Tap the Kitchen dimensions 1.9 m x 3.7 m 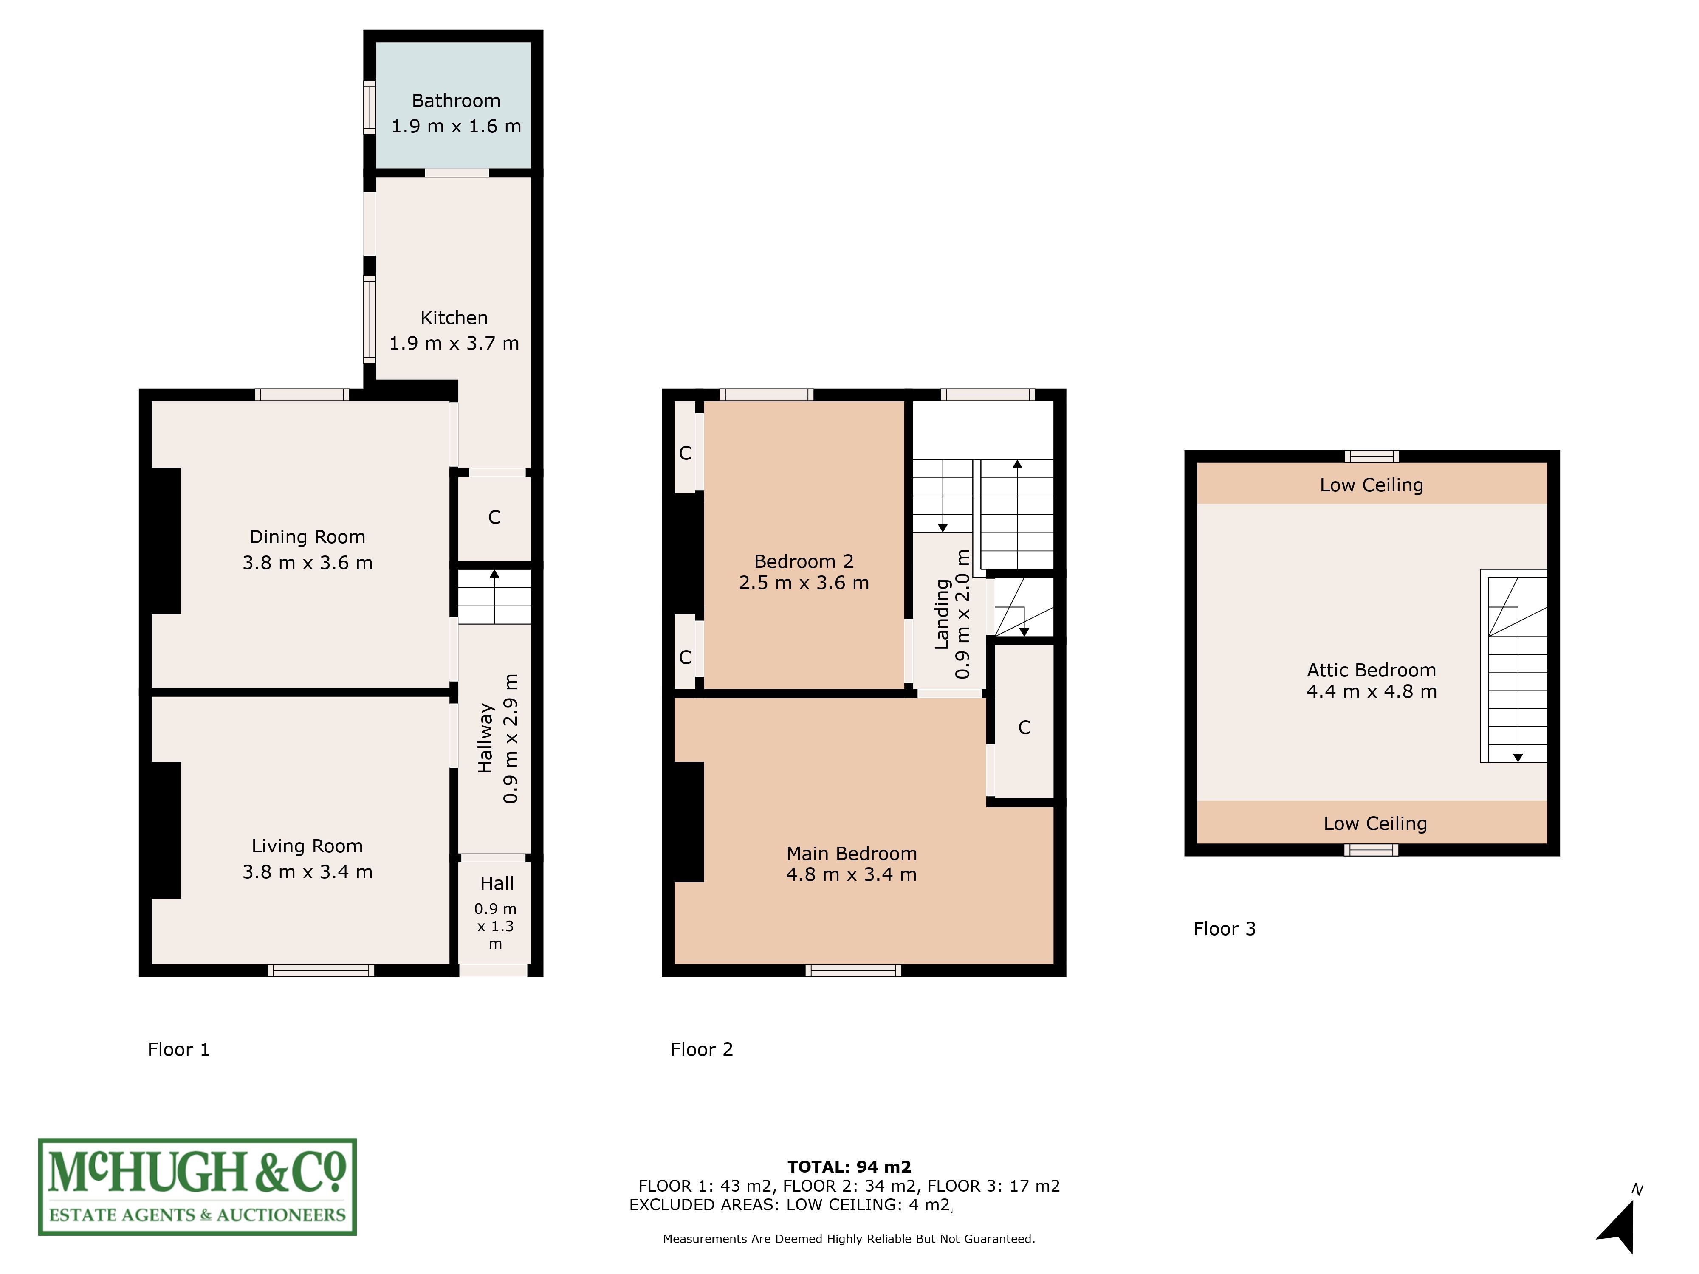pos(454,343)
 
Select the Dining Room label pos(307,537)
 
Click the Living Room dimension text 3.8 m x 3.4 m pos(307,871)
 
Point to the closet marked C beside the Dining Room pos(494,518)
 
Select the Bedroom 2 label pos(804,561)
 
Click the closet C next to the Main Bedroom pos(1024,727)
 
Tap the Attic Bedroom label pos(1371,671)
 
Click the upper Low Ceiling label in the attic pos(1371,485)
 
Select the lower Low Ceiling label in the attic pos(1375,823)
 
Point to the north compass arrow pos(1619,1225)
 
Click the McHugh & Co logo pos(198,1187)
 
